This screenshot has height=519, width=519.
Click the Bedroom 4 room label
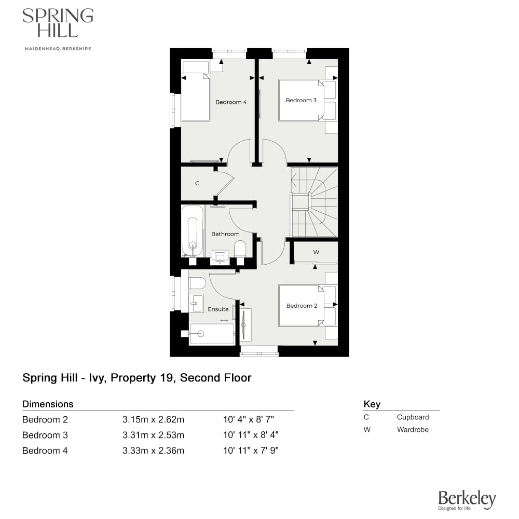[231, 102]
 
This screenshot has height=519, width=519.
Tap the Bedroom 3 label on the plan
[301, 100]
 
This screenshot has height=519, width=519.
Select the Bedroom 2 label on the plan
[302, 306]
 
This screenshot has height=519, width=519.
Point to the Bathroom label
[225, 234]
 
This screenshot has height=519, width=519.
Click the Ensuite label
[218, 309]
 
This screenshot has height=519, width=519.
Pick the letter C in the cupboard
[197, 183]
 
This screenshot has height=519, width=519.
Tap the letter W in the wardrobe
[316, 252]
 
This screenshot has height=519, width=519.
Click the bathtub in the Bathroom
[193, 231]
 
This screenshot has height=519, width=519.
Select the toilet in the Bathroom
[240, 251]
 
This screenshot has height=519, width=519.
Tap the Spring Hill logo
[58, 23]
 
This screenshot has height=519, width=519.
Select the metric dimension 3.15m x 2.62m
[153, 419]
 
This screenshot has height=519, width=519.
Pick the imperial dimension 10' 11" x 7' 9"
[251, 450]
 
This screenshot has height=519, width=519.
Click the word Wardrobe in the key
[413, 429]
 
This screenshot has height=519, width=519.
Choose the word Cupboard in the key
[413, 417]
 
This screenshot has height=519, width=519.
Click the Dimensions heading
[48, 404]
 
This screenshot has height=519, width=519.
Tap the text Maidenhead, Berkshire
[58, 49]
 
